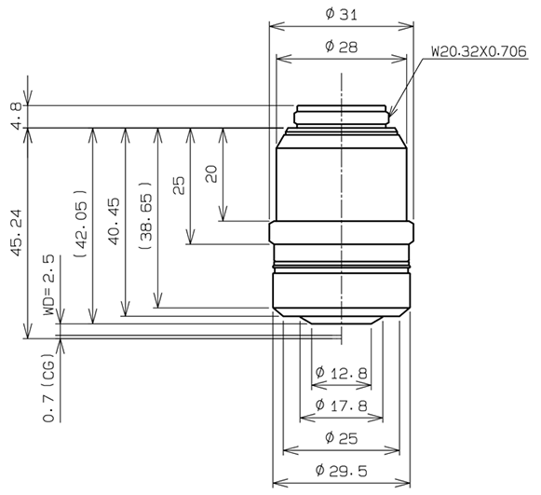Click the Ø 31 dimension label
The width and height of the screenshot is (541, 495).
(341, 14)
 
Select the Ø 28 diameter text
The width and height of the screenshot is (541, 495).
(341, 47)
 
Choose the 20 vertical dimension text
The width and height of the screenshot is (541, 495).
(211, 174)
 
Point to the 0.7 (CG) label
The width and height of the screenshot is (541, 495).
(48, 392)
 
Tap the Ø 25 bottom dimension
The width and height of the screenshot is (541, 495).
(341, 437)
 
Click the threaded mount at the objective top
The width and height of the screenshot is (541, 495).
(341, 116)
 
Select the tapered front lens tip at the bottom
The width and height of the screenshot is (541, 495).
(341, 320)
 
